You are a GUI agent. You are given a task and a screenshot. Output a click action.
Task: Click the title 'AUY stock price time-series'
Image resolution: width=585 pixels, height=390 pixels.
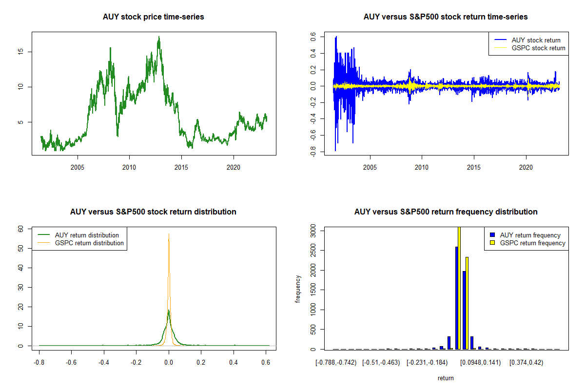tap(154, 17)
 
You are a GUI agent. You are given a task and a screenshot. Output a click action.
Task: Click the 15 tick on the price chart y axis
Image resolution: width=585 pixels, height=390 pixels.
tap(22, 52)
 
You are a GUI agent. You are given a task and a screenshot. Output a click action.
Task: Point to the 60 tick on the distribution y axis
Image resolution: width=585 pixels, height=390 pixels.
tap(21, 228)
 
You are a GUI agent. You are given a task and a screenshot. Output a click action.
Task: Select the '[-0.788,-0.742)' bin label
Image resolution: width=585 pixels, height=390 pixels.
tap(336, 363)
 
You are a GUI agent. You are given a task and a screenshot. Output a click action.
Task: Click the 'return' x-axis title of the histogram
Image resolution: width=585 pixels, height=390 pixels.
tap(446, 378)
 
